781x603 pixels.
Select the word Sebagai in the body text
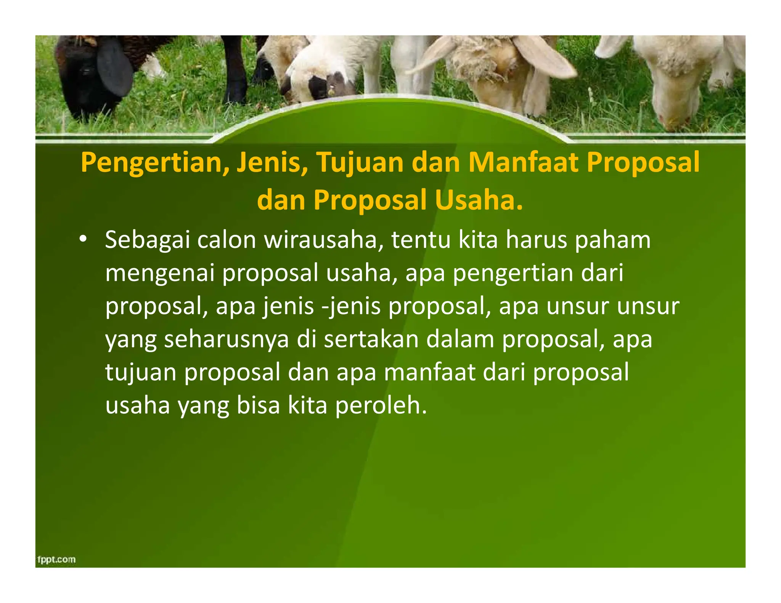[x=147, y=241]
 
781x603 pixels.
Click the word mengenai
[x=160, y=274]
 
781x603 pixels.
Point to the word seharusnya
[x=227, y=339]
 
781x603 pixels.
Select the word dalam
[x=460, y=339]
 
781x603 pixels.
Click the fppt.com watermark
[x=56, y=559]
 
